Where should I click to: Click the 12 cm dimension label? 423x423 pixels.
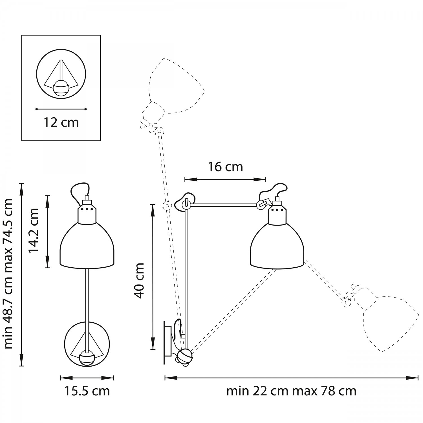61,122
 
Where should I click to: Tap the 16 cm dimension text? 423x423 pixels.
225,167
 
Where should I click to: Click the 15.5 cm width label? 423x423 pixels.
87,391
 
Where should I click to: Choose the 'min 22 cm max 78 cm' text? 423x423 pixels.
291,391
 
